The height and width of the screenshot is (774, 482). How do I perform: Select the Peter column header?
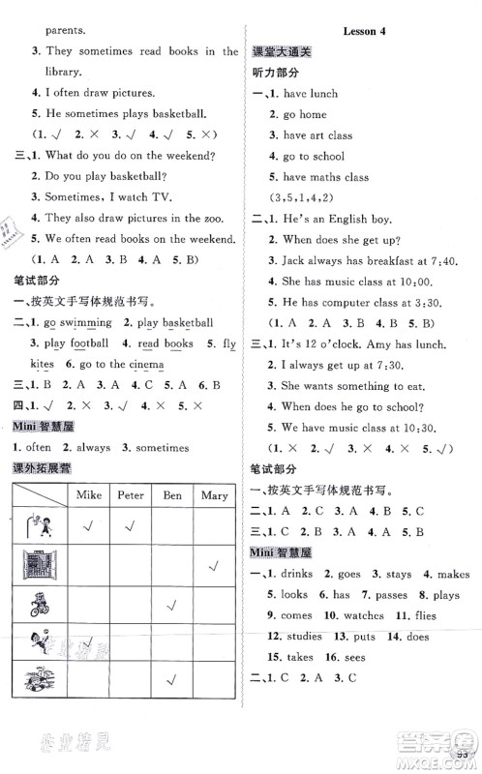pos(131,495)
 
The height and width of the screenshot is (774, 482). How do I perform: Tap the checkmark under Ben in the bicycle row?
pos(172,606)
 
